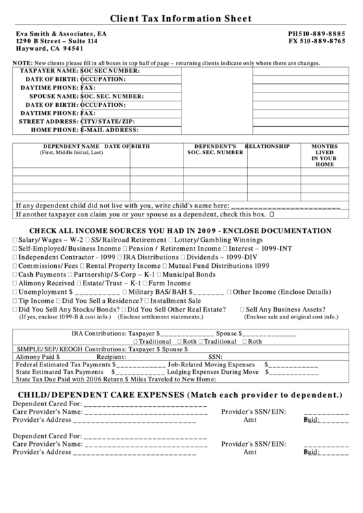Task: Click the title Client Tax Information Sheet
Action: [181, 18]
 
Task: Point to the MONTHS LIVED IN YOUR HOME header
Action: [324, 155]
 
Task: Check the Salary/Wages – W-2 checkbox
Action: [15, 241]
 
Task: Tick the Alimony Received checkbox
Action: [15, 282]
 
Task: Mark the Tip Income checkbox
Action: [15, 300]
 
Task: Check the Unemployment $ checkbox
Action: [15, 291]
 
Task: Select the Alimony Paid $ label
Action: [38, 357]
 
